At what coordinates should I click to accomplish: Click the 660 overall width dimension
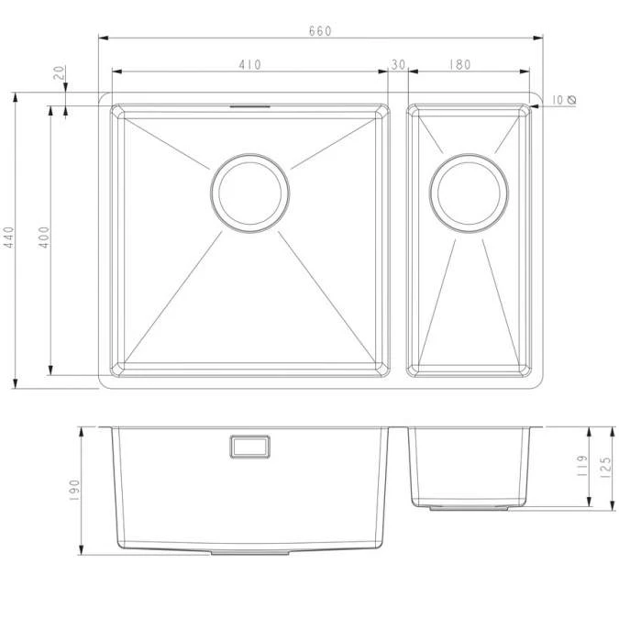pyautogui.click(x=320, y=30)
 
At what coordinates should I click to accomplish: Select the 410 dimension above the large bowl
pyautogui.click(x=249, y=64)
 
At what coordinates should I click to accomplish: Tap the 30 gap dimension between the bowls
pyautogui.click(x=398, y=64)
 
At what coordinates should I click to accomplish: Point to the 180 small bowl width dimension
pyautogui.click(x=460, y=64)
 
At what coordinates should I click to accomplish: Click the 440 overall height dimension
pyautogui.click(x=9, y=239)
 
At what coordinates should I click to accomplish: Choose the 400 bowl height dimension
pyautogui.click(x=44, y=239)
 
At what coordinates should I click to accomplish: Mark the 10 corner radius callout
pyautogui.click(x=558, y=99)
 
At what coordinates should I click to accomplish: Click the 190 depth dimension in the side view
pyautogui.click(x=75, y=490)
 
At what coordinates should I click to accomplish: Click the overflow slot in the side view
pyautogui.click(x=249, y=446)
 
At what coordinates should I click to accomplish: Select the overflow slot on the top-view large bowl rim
pyautogui.click(x=249, y=105)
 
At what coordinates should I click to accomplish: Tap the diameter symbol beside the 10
pyautogui.click(x=571, y=99)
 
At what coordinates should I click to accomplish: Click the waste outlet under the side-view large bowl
pyautogui.click(x=250, y=553)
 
